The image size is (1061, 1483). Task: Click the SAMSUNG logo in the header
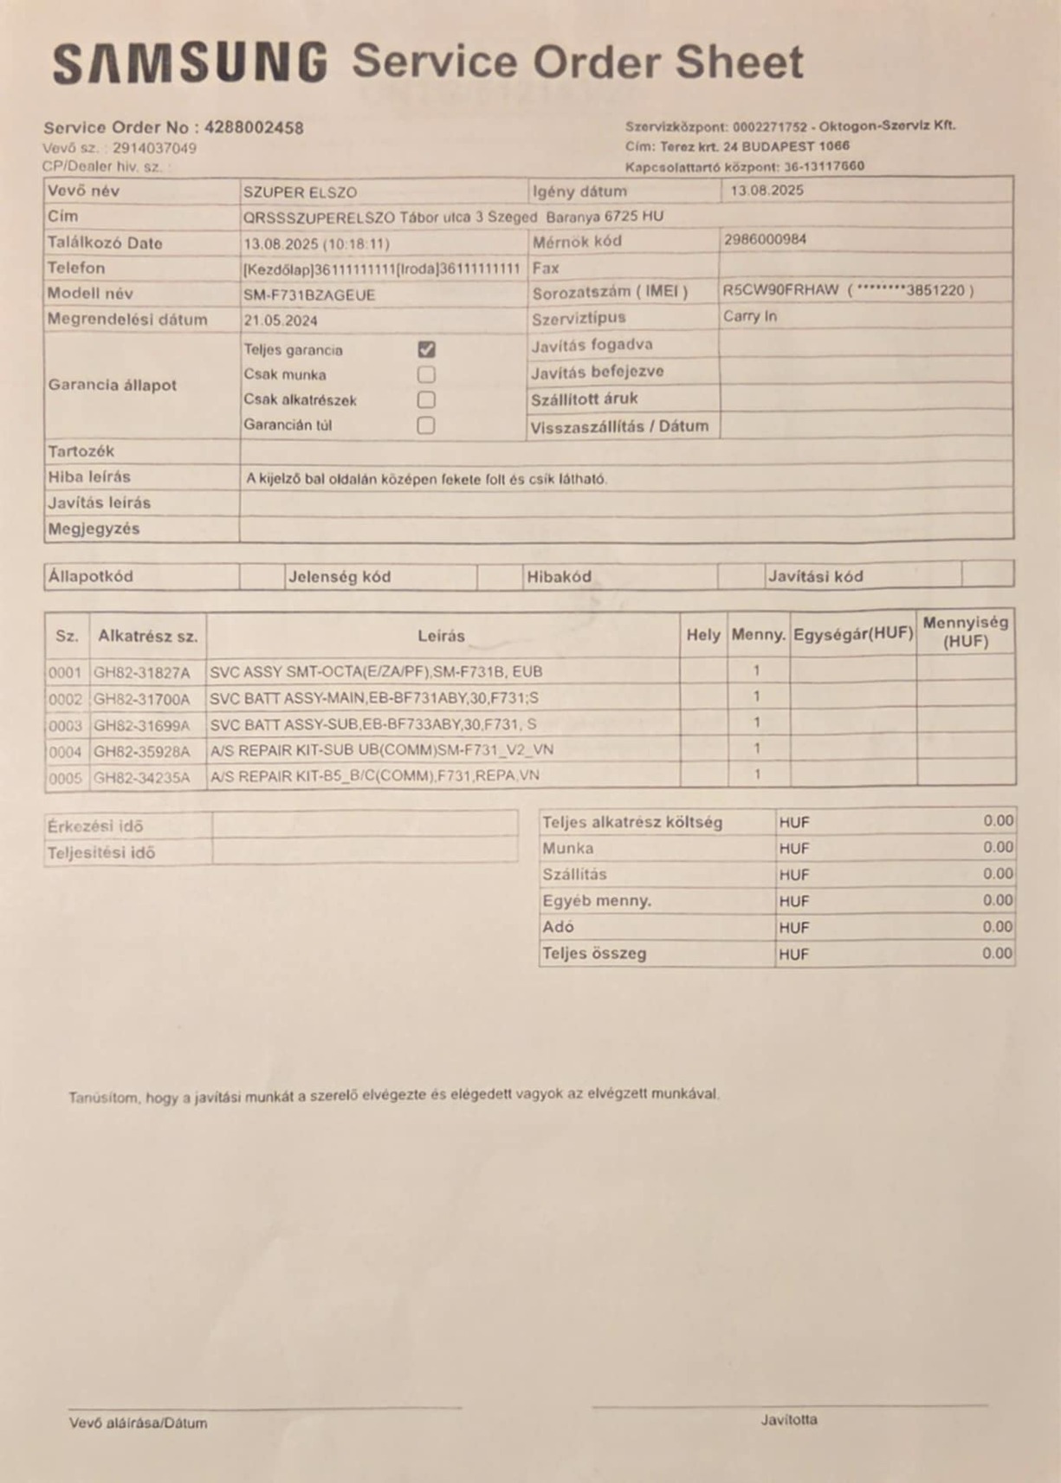190,63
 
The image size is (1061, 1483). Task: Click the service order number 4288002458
254,127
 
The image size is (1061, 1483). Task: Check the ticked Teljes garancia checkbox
426,349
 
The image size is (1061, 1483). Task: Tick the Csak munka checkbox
426,374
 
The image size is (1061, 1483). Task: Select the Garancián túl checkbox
426,425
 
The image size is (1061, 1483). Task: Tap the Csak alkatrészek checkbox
426,399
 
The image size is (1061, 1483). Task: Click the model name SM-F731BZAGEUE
309,295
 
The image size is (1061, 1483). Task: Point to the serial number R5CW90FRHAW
780,290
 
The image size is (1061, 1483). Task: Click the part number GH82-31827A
141,671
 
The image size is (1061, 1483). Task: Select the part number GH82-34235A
141,777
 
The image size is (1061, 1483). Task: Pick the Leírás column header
441,636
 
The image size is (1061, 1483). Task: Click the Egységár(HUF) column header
853,633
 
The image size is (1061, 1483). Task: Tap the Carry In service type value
750,316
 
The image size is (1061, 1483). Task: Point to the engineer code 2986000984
765,239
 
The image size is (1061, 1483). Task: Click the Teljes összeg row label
594,953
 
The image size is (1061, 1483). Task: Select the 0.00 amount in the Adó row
998,927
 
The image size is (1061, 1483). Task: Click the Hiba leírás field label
89,476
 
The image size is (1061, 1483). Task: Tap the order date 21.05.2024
281,321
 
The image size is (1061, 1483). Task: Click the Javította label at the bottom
789,1420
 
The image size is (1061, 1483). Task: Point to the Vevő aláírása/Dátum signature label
138,1422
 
